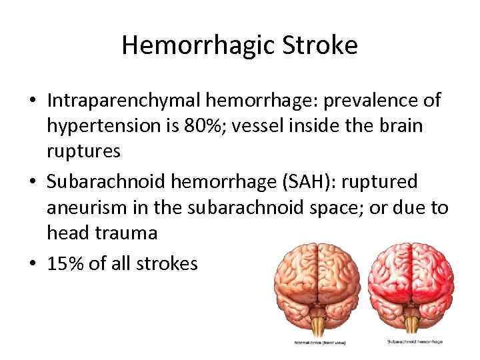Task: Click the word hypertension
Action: tap(109, 126)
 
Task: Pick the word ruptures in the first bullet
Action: tap(83, 151)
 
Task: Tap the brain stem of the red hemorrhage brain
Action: tap(416, 323)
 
